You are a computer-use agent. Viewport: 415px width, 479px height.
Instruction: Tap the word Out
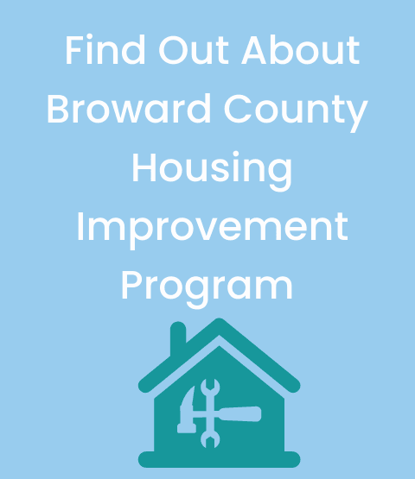(182, 52)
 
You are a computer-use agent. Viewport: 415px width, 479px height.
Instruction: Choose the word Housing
(211, 171)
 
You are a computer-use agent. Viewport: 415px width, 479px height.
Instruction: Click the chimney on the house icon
(178, 337)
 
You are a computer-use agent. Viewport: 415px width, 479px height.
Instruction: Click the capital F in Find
(73, 52)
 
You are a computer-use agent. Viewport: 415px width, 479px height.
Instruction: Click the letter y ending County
(357, 116)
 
